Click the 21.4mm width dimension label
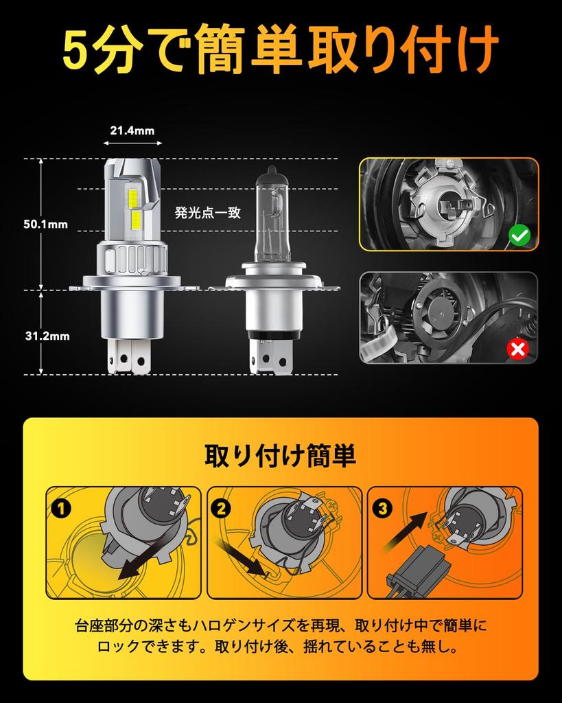132,130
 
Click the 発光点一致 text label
207,213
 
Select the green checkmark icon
519,237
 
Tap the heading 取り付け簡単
280,455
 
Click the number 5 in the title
80,51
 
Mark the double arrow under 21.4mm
132,143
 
